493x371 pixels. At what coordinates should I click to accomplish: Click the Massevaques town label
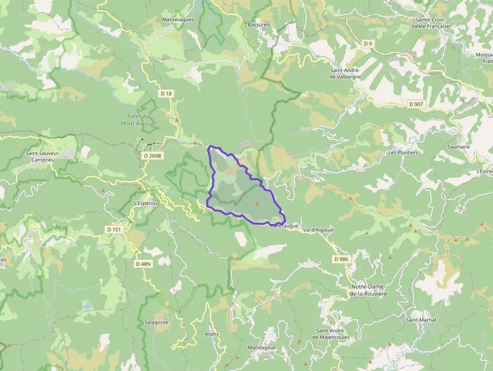(x=178, y=20)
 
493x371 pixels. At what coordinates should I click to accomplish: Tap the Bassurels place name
(x=259, y=24)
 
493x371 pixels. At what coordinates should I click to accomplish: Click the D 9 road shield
(x=368, y=44)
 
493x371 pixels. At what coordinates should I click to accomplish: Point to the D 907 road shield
(x=416, y=104)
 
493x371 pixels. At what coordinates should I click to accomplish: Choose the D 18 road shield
(x=166, y=94)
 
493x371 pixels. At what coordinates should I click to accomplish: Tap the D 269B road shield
(x=153, y=156)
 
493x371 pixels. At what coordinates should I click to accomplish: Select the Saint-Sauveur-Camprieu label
(x=43, y=156)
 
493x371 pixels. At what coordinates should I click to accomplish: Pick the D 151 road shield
(x=114, y=230)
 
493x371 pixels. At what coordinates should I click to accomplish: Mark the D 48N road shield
(x=143, y=264)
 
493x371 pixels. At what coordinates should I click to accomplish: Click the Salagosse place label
(x=156, y=322)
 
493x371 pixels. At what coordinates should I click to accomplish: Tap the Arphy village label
(x=212, y=334)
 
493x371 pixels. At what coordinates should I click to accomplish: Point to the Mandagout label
(x=262, y=347)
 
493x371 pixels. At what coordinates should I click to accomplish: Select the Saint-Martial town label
(x=421, y=320)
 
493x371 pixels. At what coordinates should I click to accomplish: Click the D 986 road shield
(x=341, y=259)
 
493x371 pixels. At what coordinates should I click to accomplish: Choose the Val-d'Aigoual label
(x=318, y=230)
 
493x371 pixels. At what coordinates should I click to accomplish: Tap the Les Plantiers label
(x=403, y=153)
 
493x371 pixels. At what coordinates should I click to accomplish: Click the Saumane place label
(x=458, y=147)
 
